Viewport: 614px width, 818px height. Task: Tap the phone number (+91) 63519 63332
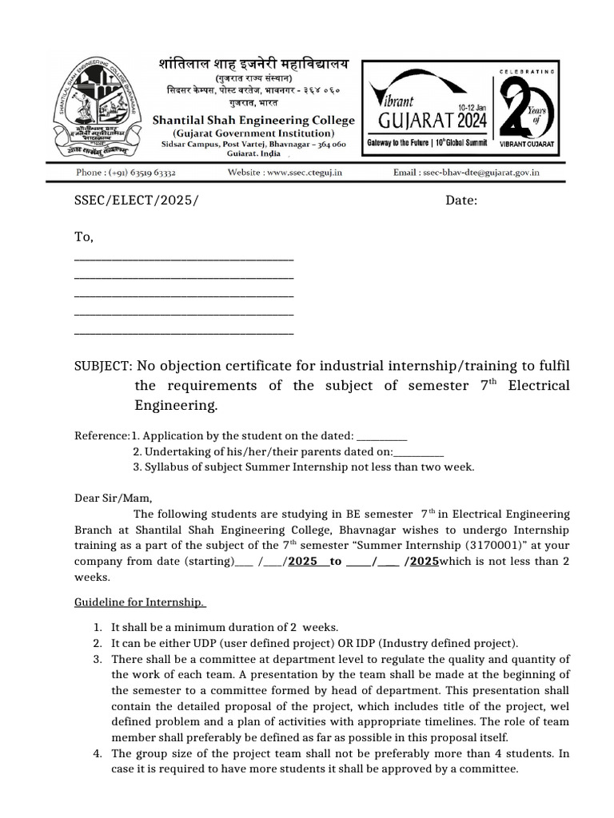[x=126, y=172]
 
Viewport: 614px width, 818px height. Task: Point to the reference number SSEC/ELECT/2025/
[x=135, y=200]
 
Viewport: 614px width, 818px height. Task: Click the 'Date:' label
[x=461, y=200]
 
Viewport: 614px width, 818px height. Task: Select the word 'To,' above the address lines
[x=84, y=236]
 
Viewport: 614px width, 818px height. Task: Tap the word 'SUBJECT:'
[x=102, y=365]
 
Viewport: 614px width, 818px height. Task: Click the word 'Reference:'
[x=102, y=435]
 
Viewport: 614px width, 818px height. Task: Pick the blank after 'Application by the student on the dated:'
[x=381, y=437]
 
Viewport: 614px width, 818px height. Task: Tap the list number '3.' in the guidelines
[x=97, y=659]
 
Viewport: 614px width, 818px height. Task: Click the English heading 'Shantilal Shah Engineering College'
[x=253, y=120]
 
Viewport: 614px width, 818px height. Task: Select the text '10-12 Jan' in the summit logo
[x=472, y=106]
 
